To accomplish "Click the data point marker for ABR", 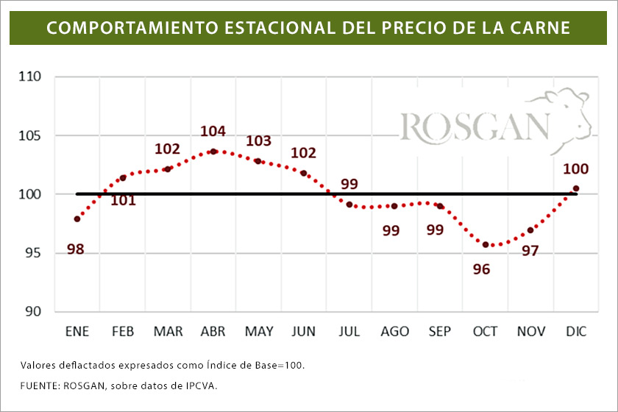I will [213, 152].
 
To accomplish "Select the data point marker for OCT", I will [486, 245].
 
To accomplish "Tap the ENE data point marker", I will [77, 219].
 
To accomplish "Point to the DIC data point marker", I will [576, 188].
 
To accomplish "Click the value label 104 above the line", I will [213, 132].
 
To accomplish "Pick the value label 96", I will [481, 269].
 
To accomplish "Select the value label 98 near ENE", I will [75, 249].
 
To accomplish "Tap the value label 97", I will [530, 251].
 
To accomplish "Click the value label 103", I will [258, 141].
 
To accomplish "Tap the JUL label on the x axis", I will [349, 332].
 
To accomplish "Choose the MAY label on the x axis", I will [259, 332].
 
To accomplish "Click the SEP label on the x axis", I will [440, 332].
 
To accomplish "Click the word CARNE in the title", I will [541, 28].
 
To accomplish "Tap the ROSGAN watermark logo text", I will [475, 126].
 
